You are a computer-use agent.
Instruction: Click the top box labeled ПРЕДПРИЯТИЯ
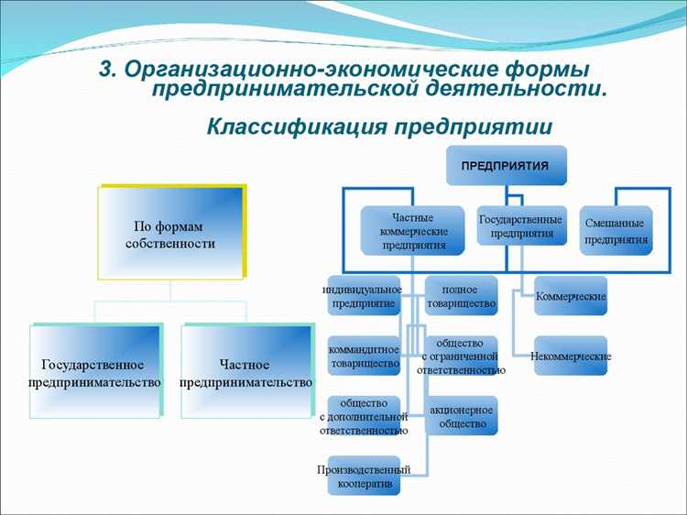(x=506, y=166)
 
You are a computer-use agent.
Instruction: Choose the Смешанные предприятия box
(x=616, y=230)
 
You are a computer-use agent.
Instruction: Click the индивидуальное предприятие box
(x=363, y=295)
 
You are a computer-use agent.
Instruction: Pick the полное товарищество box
(x=462, y=295)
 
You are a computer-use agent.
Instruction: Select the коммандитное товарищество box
(x=363, y=356)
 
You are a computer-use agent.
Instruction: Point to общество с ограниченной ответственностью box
(x=462, y=356)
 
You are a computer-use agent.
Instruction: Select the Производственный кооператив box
(x=363, y=476)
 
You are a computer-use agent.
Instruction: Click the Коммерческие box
(x=571, y=296)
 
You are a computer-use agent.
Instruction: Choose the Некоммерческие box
(x=571, y=356)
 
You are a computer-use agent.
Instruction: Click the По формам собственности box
(x=170, y=233)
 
